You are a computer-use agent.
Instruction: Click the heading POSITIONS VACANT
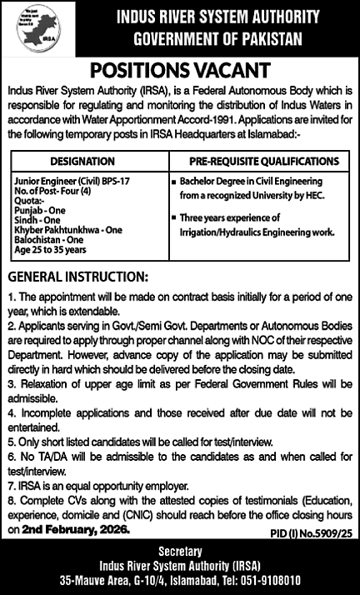click(x=179, y=70)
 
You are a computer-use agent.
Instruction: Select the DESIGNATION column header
click(x=82, y=161)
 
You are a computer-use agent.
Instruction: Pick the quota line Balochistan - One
click(x=48, y=237)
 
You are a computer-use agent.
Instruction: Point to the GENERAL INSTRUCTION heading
click(x=77, y=275)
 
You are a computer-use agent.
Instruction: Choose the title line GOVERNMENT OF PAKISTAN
click(x=219, y=39)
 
